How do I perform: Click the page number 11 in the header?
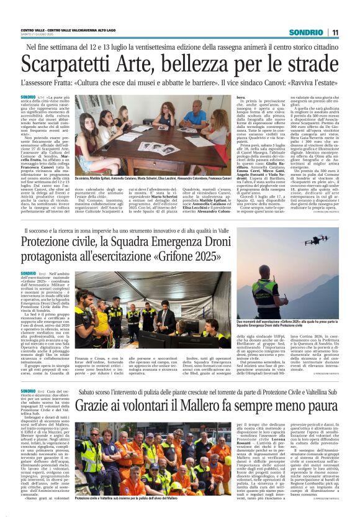335,32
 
